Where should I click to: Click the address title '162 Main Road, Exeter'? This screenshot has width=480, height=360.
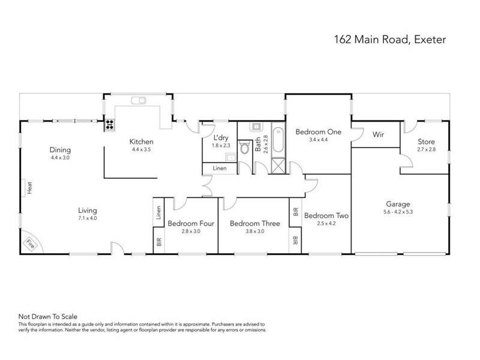(390, 40)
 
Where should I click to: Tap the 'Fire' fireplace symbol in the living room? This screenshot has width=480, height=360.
(29, 244)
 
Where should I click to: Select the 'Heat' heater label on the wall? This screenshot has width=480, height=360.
(28, 188)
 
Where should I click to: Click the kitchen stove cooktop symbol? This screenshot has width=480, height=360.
(110, 125)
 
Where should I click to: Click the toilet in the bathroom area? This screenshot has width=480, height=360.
(245, 148)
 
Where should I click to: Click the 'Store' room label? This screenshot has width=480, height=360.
(427, 142)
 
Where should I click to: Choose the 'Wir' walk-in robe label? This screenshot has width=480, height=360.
(378, 135)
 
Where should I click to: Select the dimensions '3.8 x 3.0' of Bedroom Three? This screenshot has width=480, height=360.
(255, 232)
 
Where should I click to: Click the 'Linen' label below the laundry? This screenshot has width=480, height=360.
(220, 169)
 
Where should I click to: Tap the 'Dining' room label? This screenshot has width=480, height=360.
(61, 150)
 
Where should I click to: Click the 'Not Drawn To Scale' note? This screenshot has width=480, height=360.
(48, 316)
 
